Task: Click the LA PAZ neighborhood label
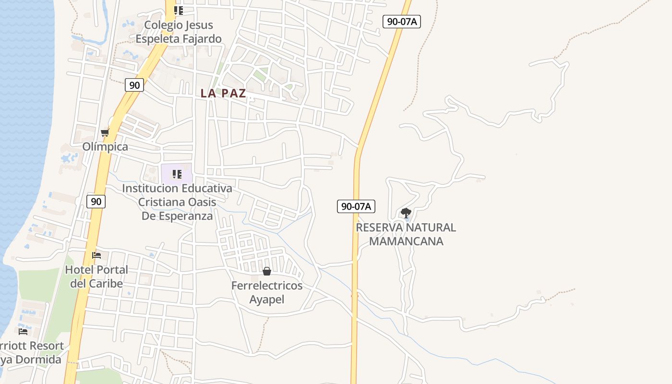click(223, 94)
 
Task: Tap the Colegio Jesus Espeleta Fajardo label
click(179, 32)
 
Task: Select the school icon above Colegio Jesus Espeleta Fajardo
click(179, 10)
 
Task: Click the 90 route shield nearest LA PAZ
click(135, 85)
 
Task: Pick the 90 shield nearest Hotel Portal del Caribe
click(96, 202)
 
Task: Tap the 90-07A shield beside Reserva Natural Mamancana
click(356, 206)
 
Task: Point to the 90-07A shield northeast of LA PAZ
click(402, 22)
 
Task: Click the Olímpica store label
click(105, 147)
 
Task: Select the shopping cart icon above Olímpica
click(105, 132)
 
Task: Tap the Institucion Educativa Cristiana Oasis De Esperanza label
click(177, 202)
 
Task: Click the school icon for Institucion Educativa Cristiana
click(177, 174)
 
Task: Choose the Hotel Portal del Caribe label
click(96, 276)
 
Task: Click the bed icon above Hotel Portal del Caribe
click(96, 255)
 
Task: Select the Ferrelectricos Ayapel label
click(267, 292)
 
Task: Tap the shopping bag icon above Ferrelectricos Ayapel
click(267, 272)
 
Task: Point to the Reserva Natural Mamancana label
click(406, 234)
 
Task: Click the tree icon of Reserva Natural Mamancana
click(406, 213)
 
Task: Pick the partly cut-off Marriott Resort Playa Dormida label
click(31, 352)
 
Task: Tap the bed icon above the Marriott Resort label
click(23, 331)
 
